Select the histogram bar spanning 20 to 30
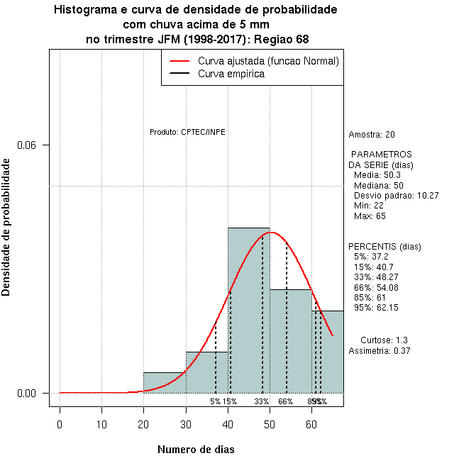[x=165, y=382]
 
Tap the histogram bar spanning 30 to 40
[x=206, y=372]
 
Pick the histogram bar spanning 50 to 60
[x=291, y=340]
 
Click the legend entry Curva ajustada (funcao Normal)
[x=268, y=61]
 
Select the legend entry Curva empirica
[x=231, y=74]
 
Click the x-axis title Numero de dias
[x=196, y=449]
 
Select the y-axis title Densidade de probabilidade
[x=6, y=227]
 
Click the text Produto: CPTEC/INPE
[x=187, y=132]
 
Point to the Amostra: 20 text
[x=372, y=134]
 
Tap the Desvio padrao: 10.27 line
[x=397, y=195]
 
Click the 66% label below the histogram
[x=286, y=401]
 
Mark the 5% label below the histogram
[x=215, y=401]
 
